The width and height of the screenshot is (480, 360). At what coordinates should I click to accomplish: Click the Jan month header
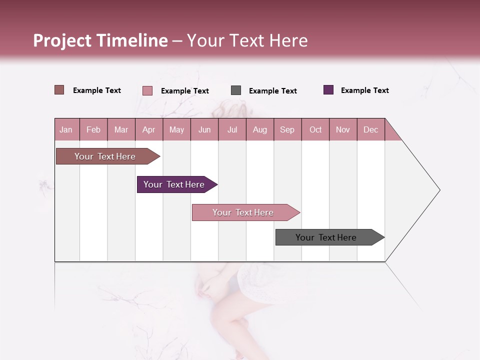(66, 129)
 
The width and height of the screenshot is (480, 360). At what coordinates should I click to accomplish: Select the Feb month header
(93, 129)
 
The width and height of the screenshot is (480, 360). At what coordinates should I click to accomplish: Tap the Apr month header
(148, 129)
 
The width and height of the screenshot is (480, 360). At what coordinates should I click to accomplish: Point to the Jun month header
(204, 129)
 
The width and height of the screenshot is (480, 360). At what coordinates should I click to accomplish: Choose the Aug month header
(259, 129)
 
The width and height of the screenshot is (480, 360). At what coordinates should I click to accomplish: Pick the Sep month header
(287, 129)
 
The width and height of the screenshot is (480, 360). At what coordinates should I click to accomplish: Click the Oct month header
(315, 129)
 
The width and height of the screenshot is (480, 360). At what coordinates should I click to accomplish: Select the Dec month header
(370, 129)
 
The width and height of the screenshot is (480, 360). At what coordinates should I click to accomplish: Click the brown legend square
(59, 90)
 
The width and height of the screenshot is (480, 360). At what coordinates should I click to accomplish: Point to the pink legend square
(147, 90)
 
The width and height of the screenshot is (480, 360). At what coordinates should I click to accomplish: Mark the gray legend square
(236, 90)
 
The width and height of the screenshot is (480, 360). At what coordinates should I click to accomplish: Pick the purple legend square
(328, 90)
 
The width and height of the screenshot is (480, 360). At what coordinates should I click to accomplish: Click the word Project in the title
(62, 40)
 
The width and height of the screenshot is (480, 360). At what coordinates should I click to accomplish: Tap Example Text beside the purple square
(364, 90)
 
